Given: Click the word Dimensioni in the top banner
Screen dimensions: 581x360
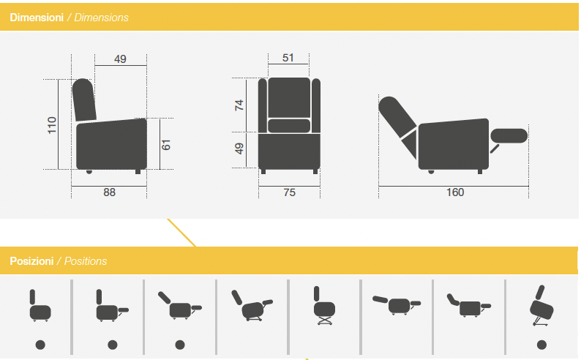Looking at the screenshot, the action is (37, 18).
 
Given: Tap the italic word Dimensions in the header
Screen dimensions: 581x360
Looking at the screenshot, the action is (101, 18).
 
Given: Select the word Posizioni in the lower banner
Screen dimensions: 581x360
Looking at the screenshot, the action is (31, 261).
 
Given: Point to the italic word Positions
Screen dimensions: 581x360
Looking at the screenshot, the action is (85, 261).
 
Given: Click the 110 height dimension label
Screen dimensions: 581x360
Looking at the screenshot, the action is (52, 125).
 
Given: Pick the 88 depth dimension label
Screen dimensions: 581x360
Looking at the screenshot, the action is (109, 192).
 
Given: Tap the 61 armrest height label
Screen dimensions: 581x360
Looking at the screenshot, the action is (166, 145).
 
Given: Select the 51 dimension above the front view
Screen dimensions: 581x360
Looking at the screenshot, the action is (288, 58).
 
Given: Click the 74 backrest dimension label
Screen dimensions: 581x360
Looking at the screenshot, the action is (239, 105).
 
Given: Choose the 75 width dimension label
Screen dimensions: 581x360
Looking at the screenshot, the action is (289, 192).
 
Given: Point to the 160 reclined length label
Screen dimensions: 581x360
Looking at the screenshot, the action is (455, 192).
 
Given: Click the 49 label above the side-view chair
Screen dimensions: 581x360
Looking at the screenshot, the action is (120, 59).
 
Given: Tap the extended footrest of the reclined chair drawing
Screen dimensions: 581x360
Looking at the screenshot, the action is (509, 135).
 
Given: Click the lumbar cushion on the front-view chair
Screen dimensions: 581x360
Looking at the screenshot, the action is (289, 126).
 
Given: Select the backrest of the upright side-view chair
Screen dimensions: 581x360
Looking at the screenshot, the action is (84, 100).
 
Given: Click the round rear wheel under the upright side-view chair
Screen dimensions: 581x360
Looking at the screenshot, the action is (89, 171).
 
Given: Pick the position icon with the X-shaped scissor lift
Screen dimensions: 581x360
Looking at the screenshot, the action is (324, 306).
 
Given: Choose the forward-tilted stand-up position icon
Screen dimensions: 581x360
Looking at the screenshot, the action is (541, 306).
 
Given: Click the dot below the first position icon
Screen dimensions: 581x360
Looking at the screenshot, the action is (40, 345).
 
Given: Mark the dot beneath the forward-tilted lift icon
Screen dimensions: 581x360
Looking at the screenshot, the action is (541, 345).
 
